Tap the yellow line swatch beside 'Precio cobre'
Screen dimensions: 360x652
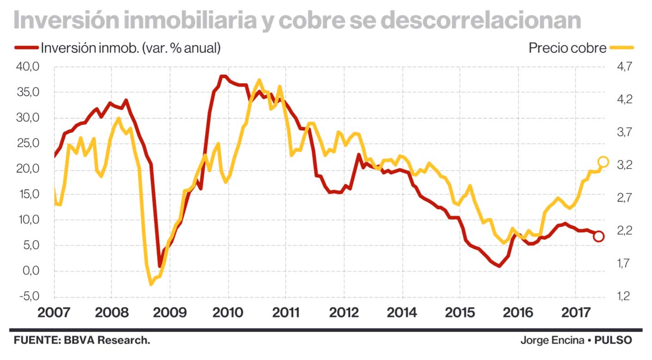(621, 48)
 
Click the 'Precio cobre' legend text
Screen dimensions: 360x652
(567, 48)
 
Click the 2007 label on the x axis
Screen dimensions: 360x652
(54, 312)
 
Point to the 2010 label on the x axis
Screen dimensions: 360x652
(228, 312)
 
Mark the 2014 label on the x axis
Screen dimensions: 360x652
(402, 312)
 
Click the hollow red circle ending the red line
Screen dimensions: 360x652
(598, 236)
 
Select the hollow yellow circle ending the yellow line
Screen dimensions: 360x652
(603, 161)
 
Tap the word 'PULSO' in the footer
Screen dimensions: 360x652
(613, 341)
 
